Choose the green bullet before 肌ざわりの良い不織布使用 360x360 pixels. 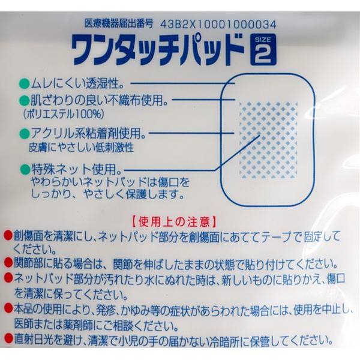click(x=24, y=99)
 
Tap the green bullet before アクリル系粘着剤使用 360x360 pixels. click(x=24, y=132)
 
